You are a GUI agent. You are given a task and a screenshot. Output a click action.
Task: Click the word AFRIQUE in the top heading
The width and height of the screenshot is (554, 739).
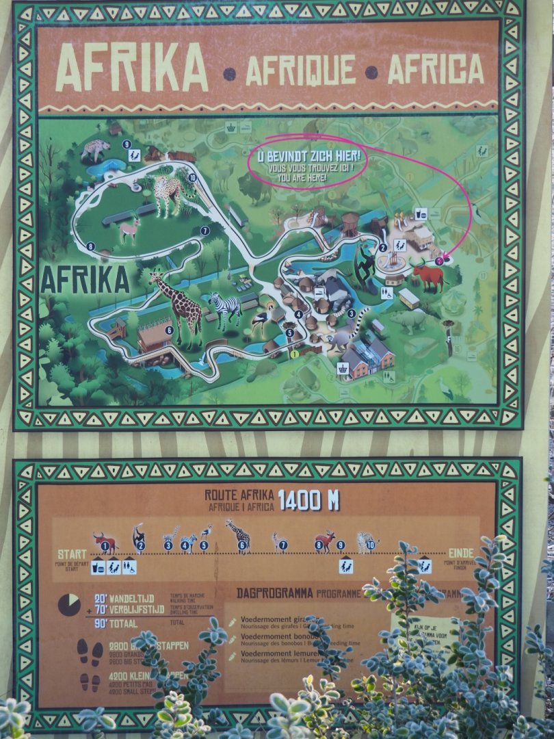tap(300, 70)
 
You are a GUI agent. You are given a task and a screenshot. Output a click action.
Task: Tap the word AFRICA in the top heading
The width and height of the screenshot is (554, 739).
tap(436, 68)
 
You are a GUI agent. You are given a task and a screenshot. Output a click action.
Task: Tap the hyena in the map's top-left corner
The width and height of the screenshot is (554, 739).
tap(95, 150)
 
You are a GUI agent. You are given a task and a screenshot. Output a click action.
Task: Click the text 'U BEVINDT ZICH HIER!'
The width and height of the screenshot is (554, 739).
tap(308, 157)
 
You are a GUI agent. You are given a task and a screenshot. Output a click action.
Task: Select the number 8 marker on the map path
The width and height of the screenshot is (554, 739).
tap(90, 246)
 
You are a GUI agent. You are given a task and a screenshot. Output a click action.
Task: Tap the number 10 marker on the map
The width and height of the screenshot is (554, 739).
tap(193, 178)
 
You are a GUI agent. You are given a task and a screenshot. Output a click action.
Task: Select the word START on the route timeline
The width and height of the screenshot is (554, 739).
tap(71, 554)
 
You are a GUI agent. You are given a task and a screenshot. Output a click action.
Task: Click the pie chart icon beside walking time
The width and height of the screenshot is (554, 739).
tap(68, 604)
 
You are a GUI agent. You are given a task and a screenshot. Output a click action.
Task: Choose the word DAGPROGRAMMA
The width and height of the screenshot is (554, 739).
tap(274, 593)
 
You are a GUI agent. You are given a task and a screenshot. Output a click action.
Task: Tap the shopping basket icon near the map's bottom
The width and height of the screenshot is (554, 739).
tap(343, 368)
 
